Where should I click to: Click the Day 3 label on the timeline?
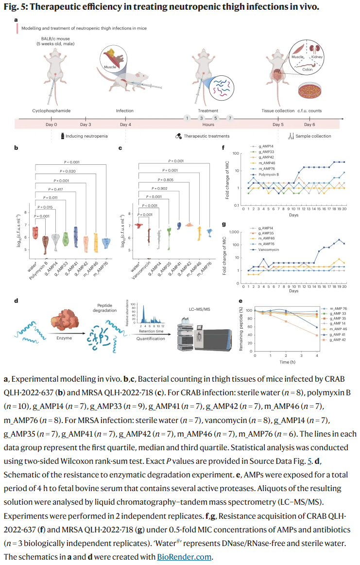click(86, 124)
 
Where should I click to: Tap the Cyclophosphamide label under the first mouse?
click(51, 111)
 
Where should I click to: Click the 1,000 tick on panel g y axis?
click(240, 232)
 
